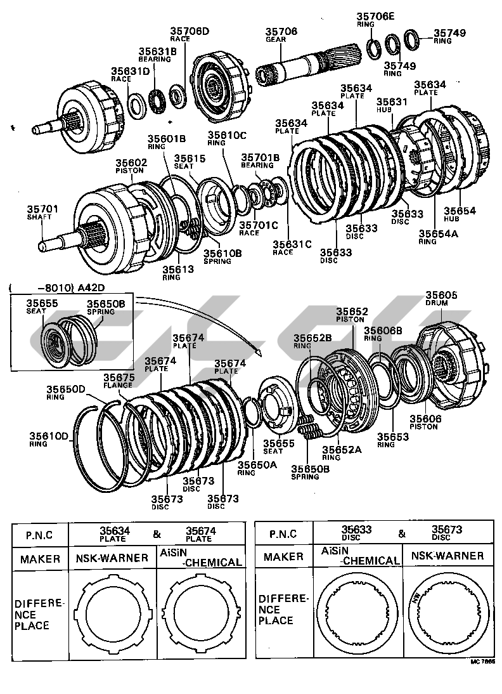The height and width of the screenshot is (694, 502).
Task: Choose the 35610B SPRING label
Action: point(221,257)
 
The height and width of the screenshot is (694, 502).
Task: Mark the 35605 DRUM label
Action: point(441,299)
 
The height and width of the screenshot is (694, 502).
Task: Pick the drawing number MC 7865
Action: point(482,661)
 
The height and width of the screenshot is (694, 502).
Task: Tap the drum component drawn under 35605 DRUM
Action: point(453,362)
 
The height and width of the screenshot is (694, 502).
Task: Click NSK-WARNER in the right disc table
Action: point(447,556)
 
